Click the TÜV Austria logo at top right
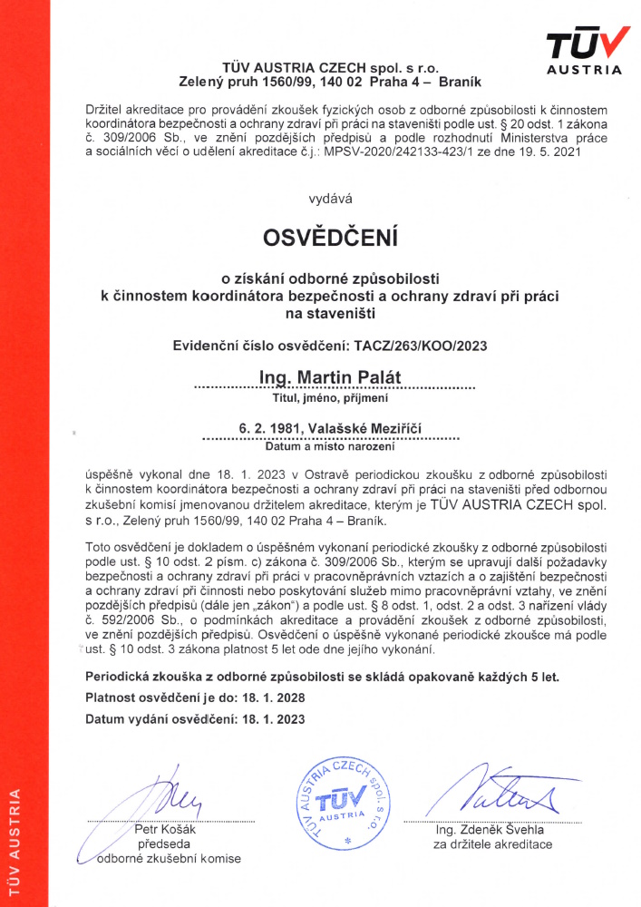[x=586, y=50]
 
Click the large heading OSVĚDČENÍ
[x=330, y=238]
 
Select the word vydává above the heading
[x=330, y=197]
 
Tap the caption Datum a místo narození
[x=329, y=446]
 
